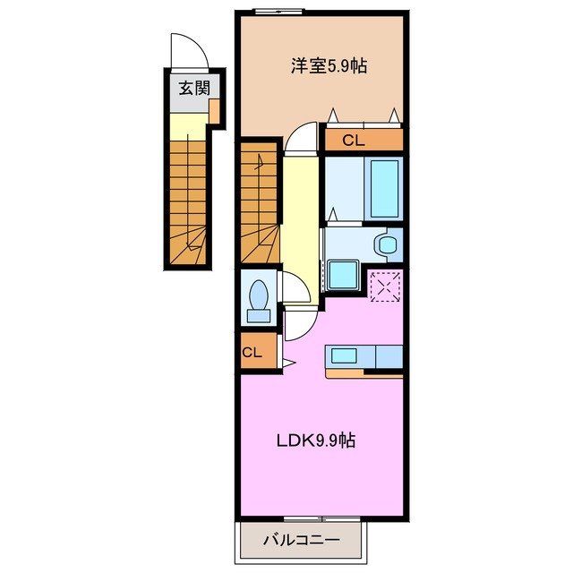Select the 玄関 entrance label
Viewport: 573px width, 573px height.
click(x=189, y=88)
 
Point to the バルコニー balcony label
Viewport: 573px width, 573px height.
click(x=301, y=540)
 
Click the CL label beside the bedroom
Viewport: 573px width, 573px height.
click(x=354, y=140)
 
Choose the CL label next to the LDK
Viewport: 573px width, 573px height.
click(x=252, y=352)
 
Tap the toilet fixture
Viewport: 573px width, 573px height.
click(x=260, y=299)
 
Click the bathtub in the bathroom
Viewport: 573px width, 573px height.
click(x=383, y=189)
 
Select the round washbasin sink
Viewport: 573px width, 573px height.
click(x=387, y=244)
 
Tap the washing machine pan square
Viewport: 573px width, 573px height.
click(x=342, y=275)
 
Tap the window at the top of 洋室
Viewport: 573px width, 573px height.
click(x=278, y=11)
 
